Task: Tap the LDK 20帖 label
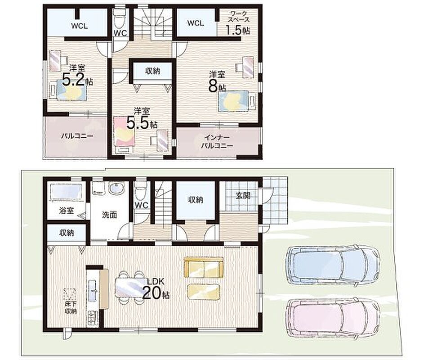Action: [x=156, y=289]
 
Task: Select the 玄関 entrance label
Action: [x=243, y=195]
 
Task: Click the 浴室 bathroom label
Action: [x=67, y=211]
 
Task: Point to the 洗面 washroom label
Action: [x=110, y=215]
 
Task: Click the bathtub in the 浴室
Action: [x=66, y=192]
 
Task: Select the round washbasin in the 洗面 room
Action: [x=116, y=189]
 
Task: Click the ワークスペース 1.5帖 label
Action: [x=237, y=23]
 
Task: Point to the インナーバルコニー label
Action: [x=217, y=142]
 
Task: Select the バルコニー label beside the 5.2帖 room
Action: [x=77, y=136]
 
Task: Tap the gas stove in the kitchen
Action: [x=92, y=318]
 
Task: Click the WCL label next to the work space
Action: [x=196, y=23]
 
